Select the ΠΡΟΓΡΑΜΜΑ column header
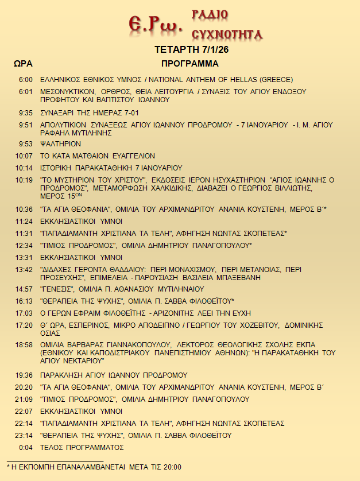(x=189, y=63)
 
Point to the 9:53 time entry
(x=25, y=143)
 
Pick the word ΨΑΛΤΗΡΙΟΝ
(x=60, y=143)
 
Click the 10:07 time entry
(x=24, y=156)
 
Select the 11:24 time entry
(x=24, y=221)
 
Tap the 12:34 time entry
(x=24, y=245)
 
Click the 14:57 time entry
(x=24, y=289)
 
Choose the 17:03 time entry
(x=24, y=313)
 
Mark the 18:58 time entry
(x=24, y=345)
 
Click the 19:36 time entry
(x=24, y=375)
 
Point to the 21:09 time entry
(x=24, y=399)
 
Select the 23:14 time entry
(x=24, y=435)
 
